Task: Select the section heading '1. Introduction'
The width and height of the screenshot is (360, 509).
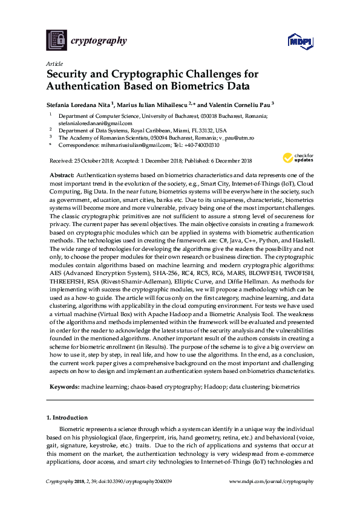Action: point(67,417)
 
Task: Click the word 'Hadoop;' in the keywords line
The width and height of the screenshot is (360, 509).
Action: point(210,385)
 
